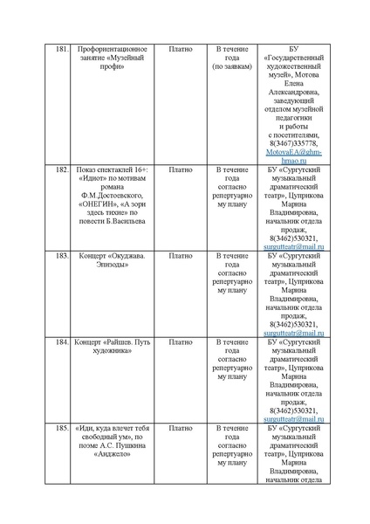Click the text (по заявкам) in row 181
pyautogui.click(x=232, y=66)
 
